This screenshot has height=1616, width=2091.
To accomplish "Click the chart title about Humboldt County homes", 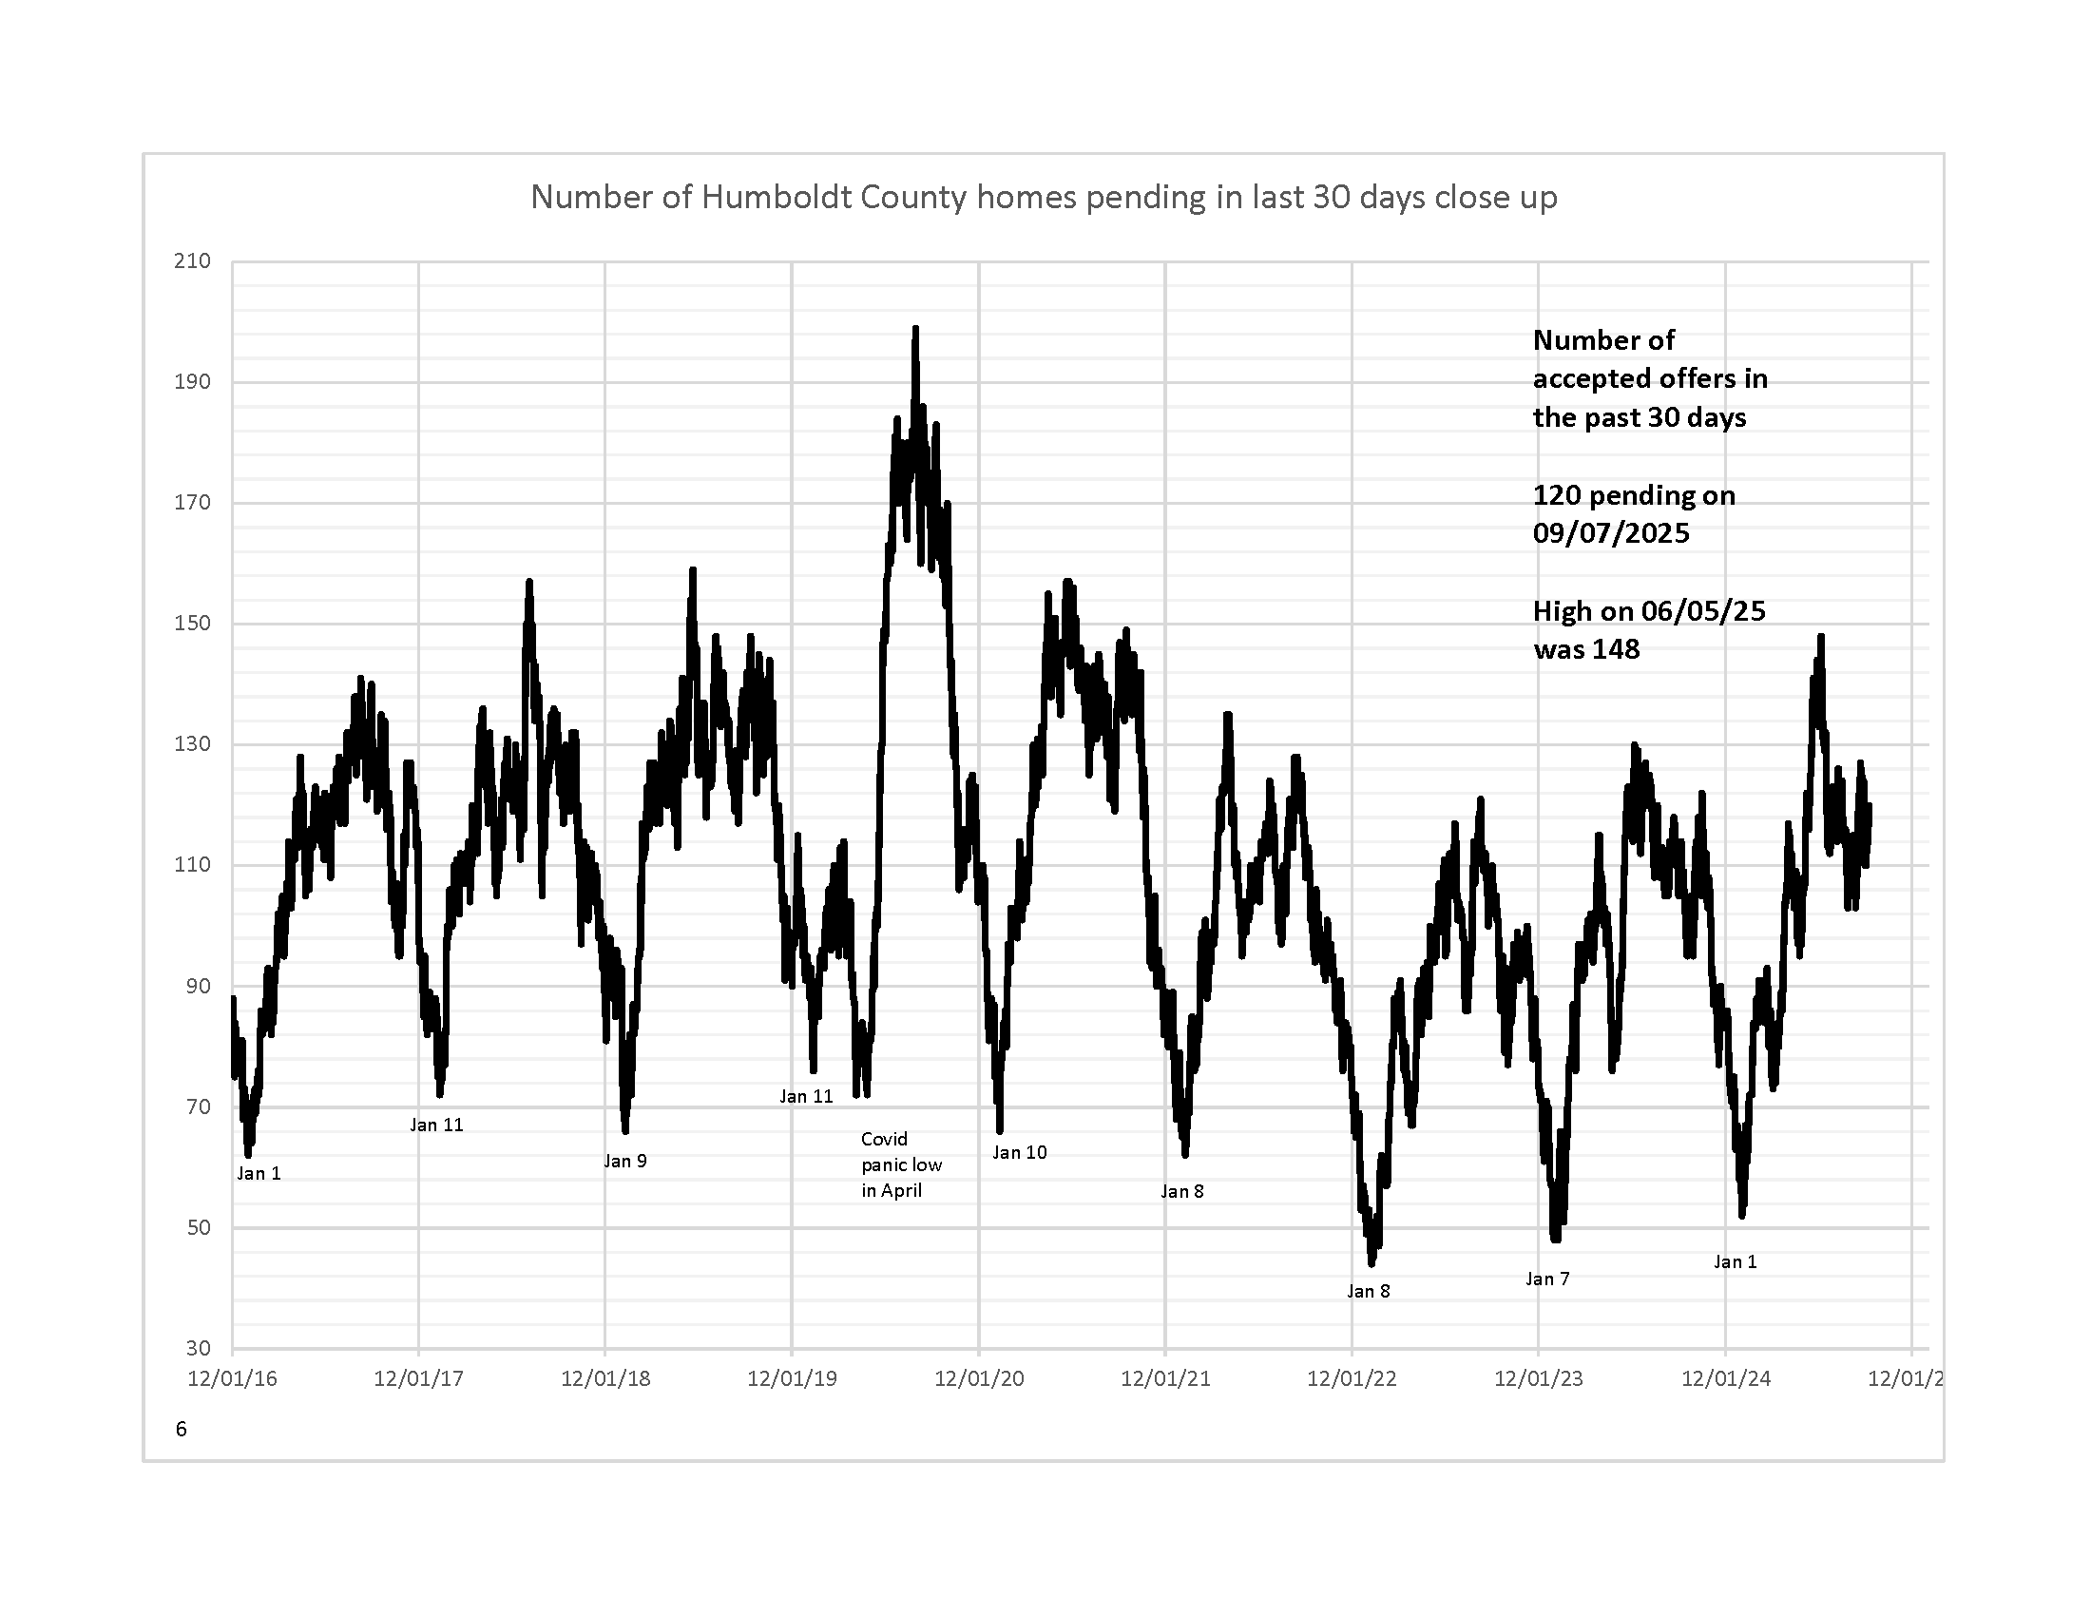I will point(1044,197).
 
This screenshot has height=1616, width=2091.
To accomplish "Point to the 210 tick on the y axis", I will point(191,261).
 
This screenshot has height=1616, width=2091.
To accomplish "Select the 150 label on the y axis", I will point(191,624).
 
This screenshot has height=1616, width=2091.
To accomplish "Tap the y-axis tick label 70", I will point(198,1106).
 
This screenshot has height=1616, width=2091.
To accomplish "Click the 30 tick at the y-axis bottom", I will point(198,1348).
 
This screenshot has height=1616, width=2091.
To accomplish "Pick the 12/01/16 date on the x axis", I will point(232,1378).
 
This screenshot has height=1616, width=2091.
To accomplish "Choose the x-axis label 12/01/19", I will point(792,1378).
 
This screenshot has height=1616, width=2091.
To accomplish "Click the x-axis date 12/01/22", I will point(1352,1378).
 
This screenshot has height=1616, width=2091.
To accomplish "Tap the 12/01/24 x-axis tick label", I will point(1725,1378).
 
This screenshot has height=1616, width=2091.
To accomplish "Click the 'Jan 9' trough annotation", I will point(625,1162).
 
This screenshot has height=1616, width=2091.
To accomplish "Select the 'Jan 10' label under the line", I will point(1020,1153).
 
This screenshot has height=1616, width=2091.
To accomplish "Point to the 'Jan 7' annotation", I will point(1547,1279).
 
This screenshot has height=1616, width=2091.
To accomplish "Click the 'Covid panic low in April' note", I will point(901,1165).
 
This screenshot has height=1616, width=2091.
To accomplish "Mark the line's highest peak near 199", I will point(915,329).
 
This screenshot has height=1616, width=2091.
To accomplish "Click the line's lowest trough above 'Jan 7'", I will point(1555,1239).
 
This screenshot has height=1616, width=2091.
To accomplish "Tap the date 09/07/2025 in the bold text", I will point(1611,533).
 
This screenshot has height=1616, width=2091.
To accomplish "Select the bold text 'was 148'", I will point(1586,649).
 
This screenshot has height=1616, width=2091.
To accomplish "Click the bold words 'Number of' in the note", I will point(1603,341).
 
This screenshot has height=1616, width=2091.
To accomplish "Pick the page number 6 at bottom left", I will point(181,1430).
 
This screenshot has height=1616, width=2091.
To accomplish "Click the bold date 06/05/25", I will point(1703,611).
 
